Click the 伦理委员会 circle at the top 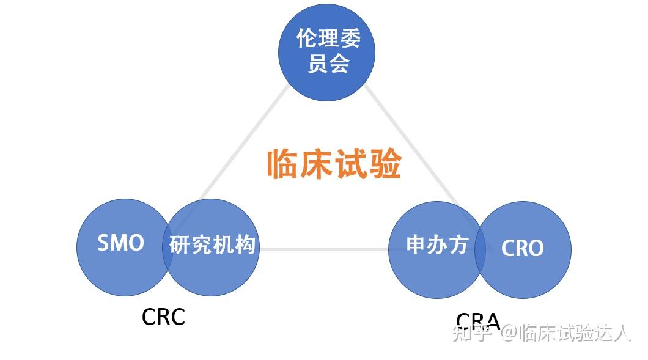pos(326,52)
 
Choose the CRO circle pos(526,249)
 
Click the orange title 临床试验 pos(334,164)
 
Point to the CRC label pos(163,317)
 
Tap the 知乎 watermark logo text pos(472,332)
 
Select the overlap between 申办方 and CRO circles pos(480,249)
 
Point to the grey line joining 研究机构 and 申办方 pos(324,249)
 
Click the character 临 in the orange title pos(284,164)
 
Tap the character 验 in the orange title pos(385,164)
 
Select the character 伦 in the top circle pos(307,39)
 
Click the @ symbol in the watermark pos(509,333)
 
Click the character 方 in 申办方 pos(458,245)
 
